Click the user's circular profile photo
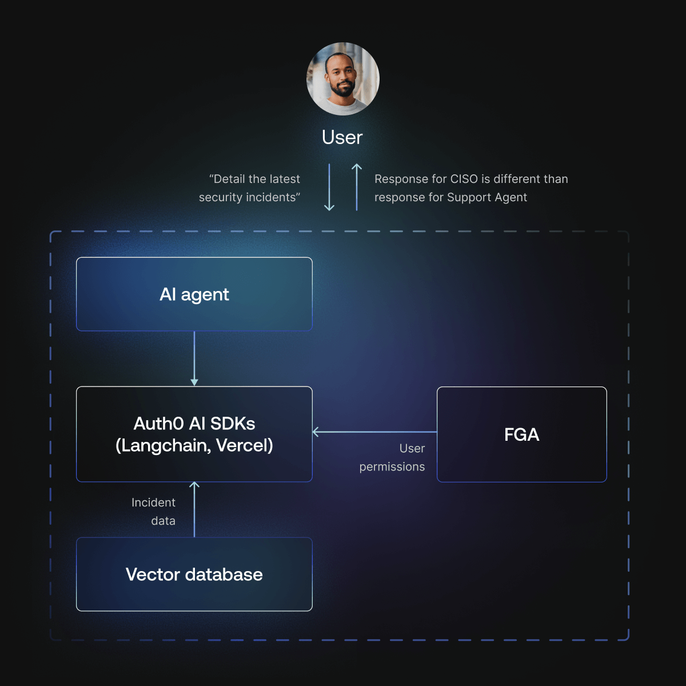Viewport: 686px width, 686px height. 343,79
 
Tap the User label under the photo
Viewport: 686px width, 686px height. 342,138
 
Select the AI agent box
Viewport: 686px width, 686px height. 194,294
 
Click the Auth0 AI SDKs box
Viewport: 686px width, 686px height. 194,434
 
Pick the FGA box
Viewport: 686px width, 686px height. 521,434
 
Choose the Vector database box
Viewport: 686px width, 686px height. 194,575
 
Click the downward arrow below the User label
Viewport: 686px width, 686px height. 329,188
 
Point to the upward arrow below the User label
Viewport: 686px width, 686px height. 357,188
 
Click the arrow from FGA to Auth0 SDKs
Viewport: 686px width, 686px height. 374,432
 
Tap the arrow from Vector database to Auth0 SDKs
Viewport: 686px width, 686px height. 194,509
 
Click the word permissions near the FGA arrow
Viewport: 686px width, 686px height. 392,467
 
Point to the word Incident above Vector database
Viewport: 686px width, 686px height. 153,502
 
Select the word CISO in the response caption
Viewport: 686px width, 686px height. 464,179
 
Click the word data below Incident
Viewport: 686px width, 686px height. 163,521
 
